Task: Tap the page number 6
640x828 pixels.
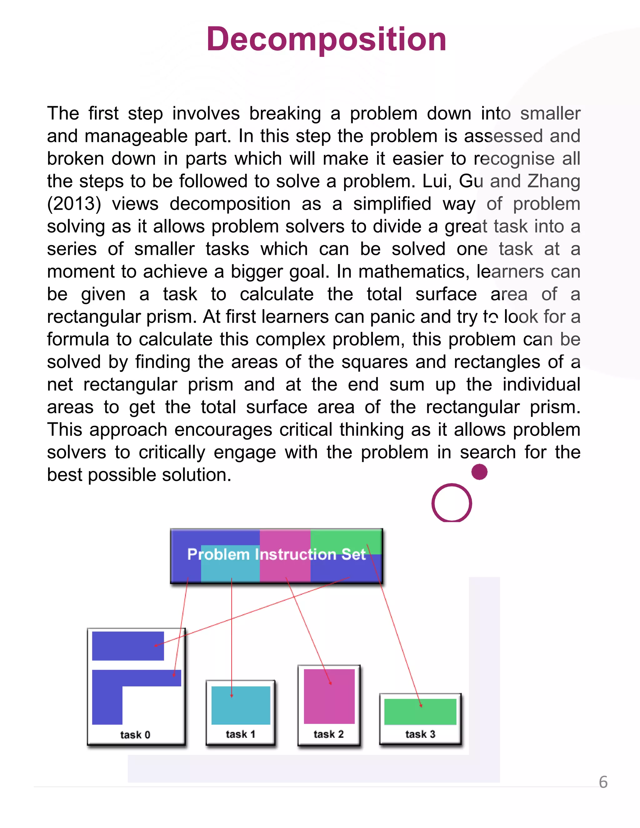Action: pyautogui.click(x=603, y=782)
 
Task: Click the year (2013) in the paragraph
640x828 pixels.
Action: pyautogui.click(x=74, y=204)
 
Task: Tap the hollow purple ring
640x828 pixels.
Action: pyautogui.click(x=452, y=503)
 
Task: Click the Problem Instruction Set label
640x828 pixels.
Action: pyautogui.click(x=276, y=555)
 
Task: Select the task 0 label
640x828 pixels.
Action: pyautogui.click(x=135, y=735)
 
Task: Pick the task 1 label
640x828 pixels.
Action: pyautogui.click(x=240, y=734)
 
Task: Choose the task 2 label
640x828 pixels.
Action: pyautogui.click(x=328, y=734)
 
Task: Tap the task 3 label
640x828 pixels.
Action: pyautogui.click(x=420, y=734)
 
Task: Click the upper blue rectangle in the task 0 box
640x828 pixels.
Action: pyautogui.click(x=128, y=646)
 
